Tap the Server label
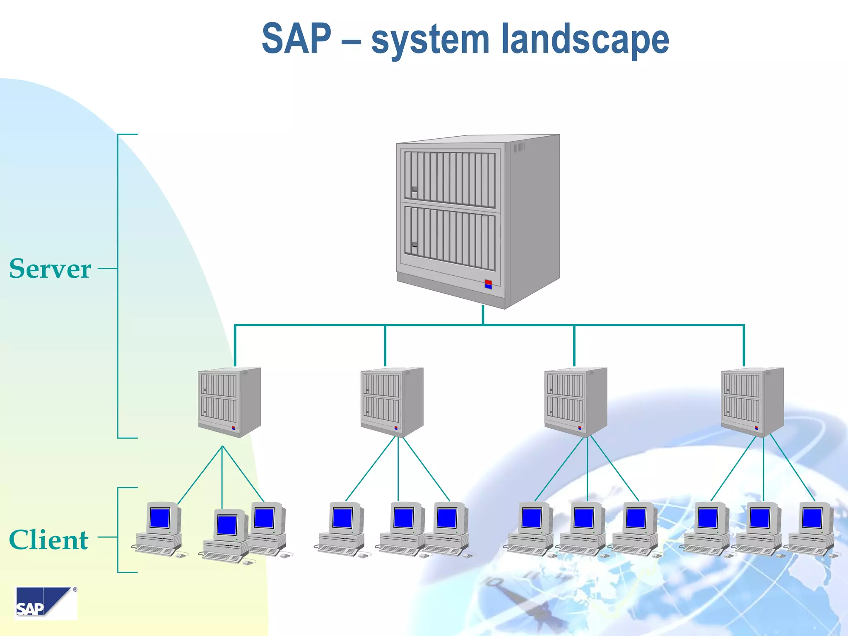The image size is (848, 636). pos(50,269)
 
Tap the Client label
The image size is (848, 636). pos(48,540)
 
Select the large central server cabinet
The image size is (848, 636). pos(478,219)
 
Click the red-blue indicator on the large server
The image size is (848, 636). pos(488,284)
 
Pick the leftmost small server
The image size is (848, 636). pos(229,402)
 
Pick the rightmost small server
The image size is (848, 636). pos(752,402)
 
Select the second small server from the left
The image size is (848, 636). pos(392,402)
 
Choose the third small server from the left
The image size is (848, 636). pos(576,402)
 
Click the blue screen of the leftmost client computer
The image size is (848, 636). pos(159,518)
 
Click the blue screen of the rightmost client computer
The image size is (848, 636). pos(812,518)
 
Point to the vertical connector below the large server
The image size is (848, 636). pos(483,315)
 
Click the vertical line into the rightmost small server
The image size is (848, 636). pos(744,346)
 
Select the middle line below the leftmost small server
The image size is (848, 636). pos(222,476)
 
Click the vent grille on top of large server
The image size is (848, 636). pos(519,147)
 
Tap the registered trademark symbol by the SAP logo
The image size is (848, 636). pos(75,589)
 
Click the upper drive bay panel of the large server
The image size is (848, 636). pos(450,179)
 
